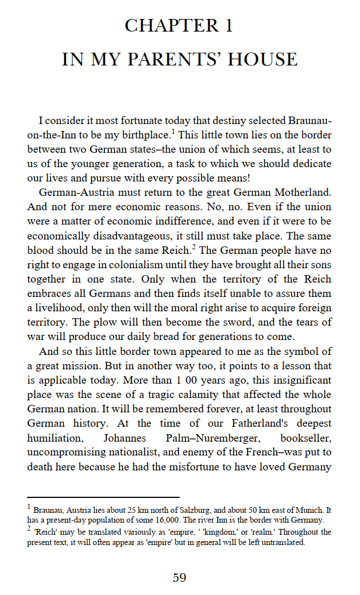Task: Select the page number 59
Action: pos(180,577)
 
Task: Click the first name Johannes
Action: pos(125,438)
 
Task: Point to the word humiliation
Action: pos(55,438)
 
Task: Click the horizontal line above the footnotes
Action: pos(103,497)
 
